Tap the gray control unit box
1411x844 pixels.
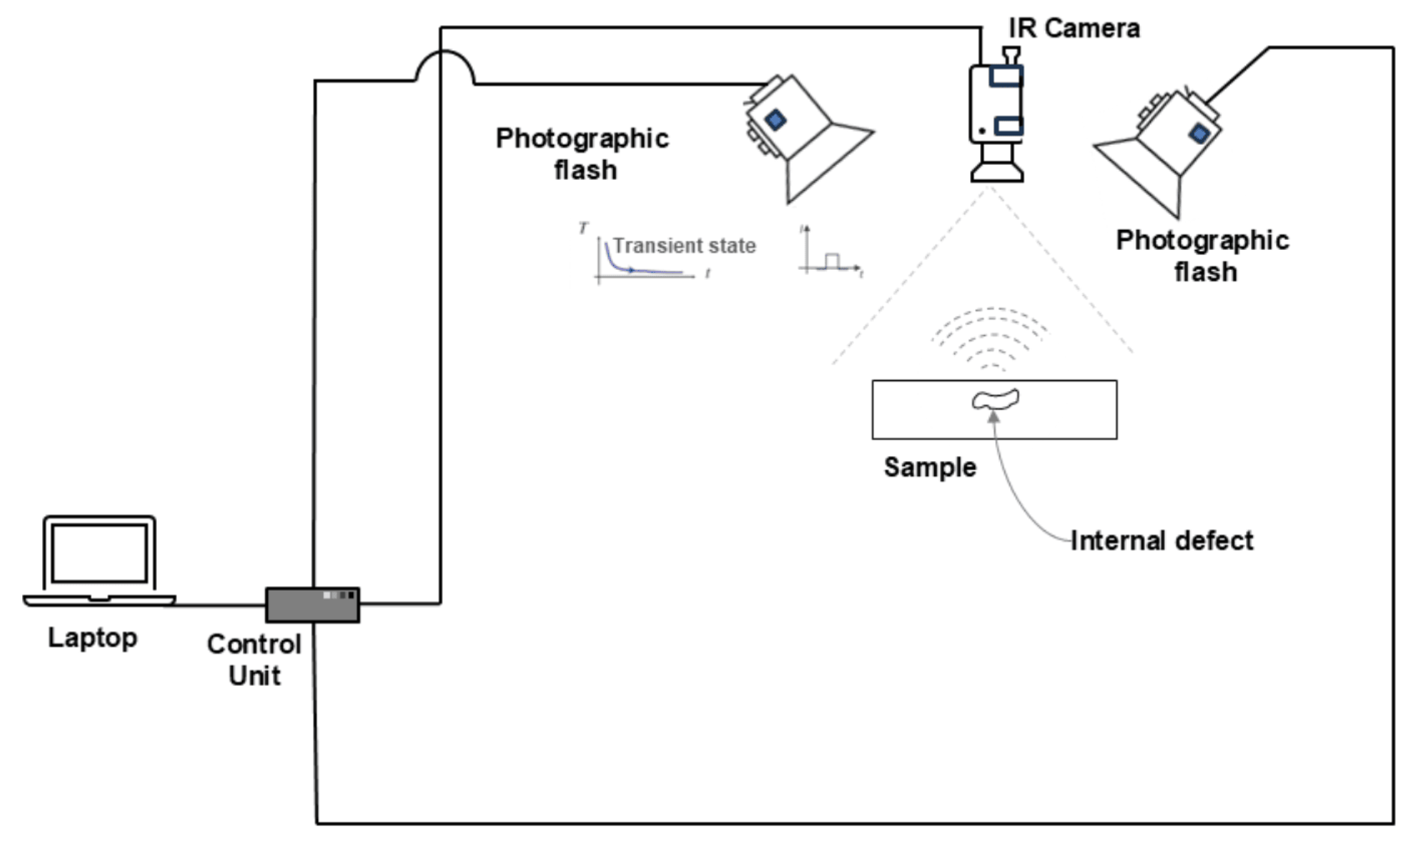pyautogui.click(x=312, y=605)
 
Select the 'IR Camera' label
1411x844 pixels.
pyautogui.click(x=1074, y=28)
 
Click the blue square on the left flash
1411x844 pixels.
pyautogui.click(x=776, y=120)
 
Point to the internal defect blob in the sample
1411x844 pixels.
pyautogui.click(x=995, y=399)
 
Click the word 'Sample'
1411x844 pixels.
pyautogui.click(x=930, y=468)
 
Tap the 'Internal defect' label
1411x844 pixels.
pyautogui.click(x=1162, y=540)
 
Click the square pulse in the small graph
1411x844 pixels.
pyautogui.click(x=831, y=261)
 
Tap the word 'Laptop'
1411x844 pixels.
pyautogui.click(x=93, y=638)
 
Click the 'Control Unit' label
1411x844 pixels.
pyautogui.click(x=255, y=660)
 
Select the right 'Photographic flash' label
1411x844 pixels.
pyautogui.click(x=1203, y=256)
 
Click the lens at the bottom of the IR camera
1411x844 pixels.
pyautogui.click(x=997, y=171)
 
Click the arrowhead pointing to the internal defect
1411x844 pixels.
pyautogui.click(x=994, y=418)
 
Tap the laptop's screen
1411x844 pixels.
pyautogui.click(x=100, y=553)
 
